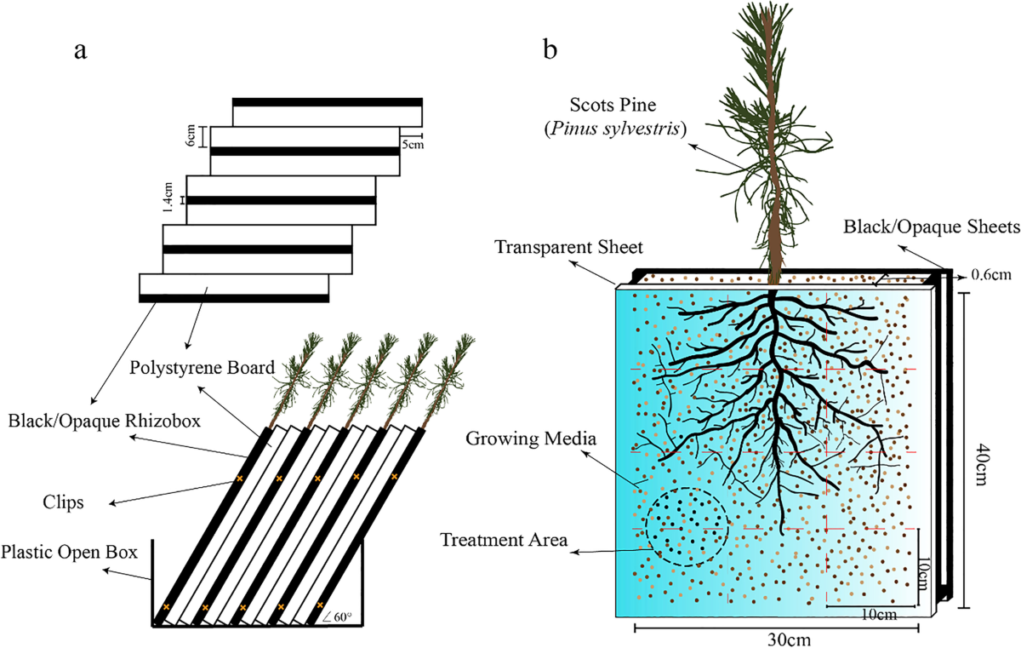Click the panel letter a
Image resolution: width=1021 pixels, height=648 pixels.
tap(81, 49)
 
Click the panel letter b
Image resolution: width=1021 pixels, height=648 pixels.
tap(551, 49)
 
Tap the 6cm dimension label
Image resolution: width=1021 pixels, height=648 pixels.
tap(191, 136)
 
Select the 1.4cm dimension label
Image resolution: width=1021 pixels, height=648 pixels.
tap(168, 200)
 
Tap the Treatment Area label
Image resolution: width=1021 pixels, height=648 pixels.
tap(504, 540)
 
